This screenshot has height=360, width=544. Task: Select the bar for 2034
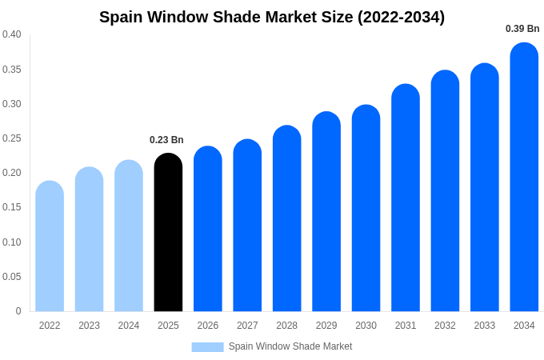pos(524,177)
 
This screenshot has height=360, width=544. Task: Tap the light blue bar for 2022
pos(50,246)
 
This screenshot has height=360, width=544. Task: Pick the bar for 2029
pos(326,211)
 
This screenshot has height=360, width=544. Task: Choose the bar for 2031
pos(406,198)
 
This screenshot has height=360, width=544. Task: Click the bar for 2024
pos(129,235)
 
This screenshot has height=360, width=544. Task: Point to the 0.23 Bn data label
pos(166,140)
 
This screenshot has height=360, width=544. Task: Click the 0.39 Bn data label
pos(522,29)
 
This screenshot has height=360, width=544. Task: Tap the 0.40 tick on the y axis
pos(12,34)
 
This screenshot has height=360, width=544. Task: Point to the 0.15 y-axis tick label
pos(12,207)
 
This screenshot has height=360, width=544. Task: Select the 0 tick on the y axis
pos(18,311)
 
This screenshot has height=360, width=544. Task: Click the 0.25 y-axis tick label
pos(12,138)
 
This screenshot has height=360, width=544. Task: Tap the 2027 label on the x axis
pos(247,326)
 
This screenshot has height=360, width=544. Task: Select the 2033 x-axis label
pos(485,326)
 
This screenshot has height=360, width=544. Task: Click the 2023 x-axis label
pos(89,326)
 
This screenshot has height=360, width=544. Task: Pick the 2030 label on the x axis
pos(366,326)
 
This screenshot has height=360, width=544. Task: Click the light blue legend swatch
pos(207,347)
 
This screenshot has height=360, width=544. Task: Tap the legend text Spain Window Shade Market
pos(290,346)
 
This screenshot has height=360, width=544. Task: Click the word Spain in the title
pos(122,17)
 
